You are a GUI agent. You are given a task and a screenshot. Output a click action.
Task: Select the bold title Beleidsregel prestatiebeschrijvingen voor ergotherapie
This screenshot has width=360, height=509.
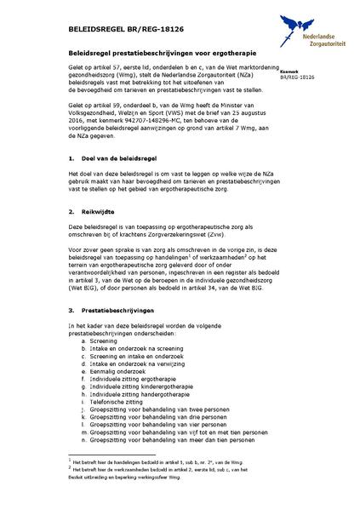pos(159,53)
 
